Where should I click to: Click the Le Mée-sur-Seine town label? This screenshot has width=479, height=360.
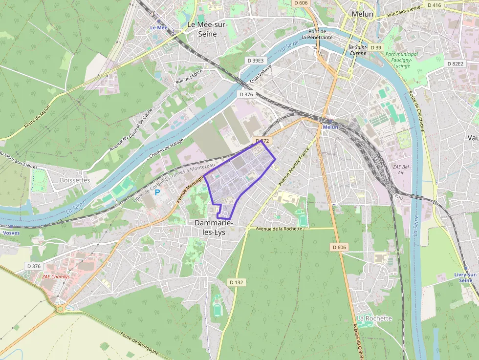pyautogui.click(x=207, y=29)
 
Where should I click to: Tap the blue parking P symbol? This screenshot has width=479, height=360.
pyautogui.click(x=157, y=192)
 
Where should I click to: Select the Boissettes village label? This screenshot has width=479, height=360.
pyautogui.click(x=75, y=180)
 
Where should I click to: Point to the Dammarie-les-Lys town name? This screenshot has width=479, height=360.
pyautogui.click(x=214, y=228)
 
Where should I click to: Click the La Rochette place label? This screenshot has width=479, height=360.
pyautogui.click(x=374, y=318)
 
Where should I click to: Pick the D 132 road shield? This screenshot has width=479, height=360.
pyautogui.click(x=237, y=282)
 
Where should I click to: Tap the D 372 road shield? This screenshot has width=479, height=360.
pyautogui.click(x=262, y=141)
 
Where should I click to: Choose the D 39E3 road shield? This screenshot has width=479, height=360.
pyautogui.click(x=255, y=61)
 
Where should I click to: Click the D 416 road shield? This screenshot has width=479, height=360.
pyautogui.click(x=434, y=5)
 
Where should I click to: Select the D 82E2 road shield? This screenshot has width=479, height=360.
pyautogui.click(x=455, y=64)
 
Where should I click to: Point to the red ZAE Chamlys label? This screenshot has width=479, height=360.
pyautogui.click(x=56, y=276)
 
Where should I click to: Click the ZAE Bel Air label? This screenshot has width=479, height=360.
pyautogui.click(x=401, y=169)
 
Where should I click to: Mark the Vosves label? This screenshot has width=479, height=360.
pyautogui.click(x=11, y=233)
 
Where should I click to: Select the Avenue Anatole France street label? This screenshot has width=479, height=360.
pyautogui.click(x=295, y=166)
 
